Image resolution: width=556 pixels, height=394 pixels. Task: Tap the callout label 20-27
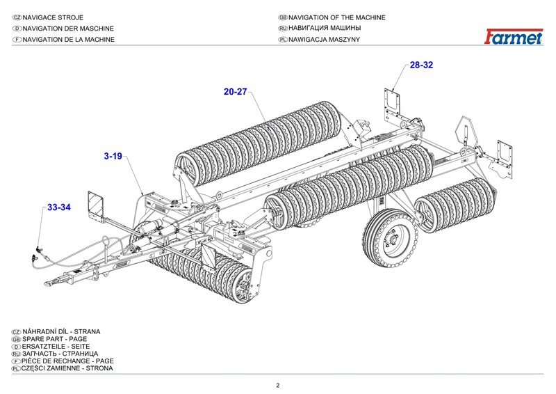(x=236, y=91)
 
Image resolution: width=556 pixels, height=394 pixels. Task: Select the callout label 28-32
(x=421, y=65)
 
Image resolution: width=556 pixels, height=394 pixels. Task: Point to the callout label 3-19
(x=113, y=157)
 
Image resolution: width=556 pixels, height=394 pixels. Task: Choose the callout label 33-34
(x=59, y=207)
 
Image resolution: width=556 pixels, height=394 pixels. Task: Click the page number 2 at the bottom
(x=278, y=386)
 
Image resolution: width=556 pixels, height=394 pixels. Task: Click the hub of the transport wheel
(x=391, y=240)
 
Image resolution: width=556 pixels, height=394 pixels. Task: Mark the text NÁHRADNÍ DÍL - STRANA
(x=65, y=331)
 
